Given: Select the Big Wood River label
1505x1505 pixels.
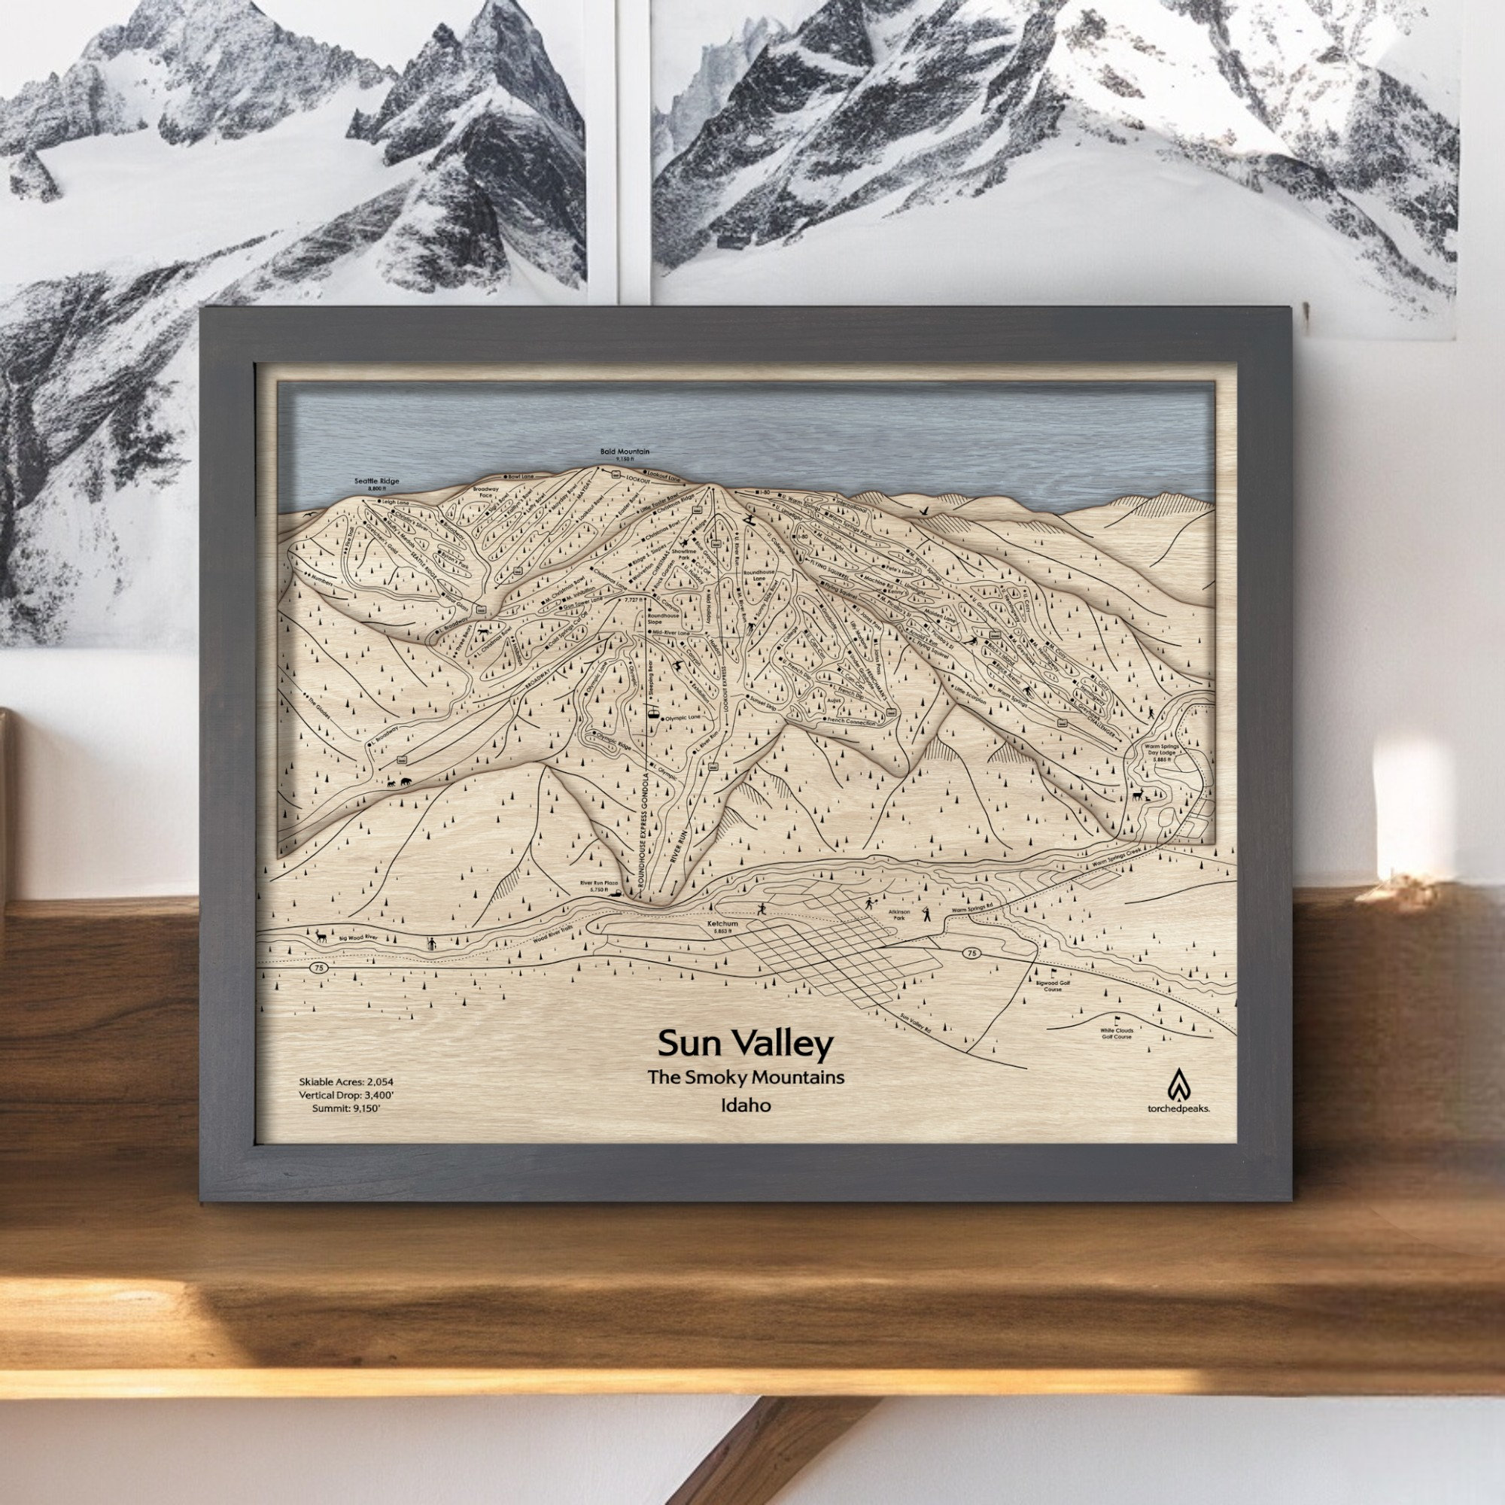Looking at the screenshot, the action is coord(359,939).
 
